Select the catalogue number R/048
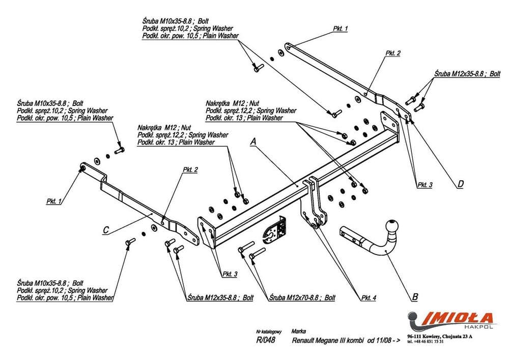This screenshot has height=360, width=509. (x=267, y=341)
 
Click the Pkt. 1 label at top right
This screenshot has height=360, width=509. (x=340, y=29)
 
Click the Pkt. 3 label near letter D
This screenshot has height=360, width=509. (x=425, y=185)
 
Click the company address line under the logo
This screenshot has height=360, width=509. (x=440, y=336)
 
